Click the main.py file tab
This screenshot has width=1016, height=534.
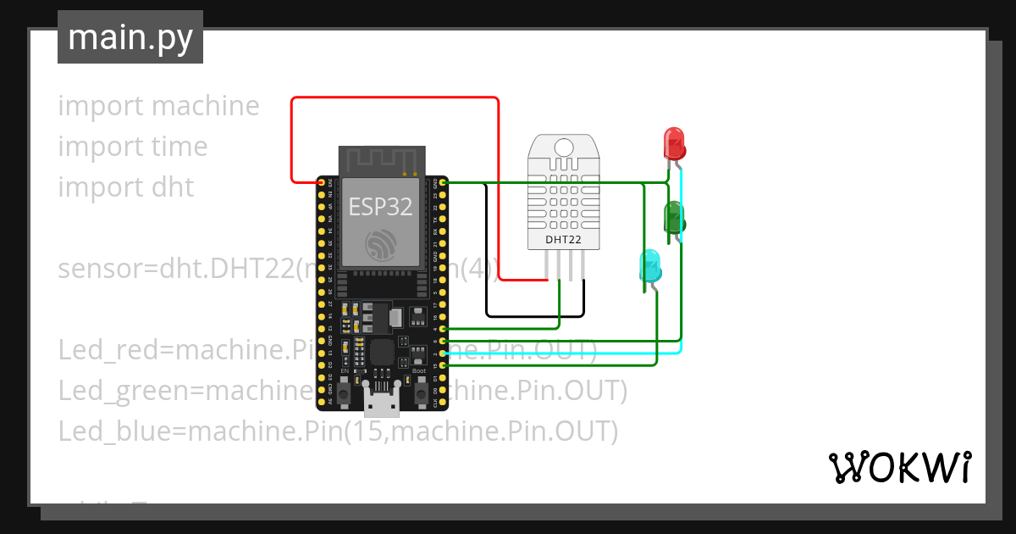pyautogui.click(x=130, y=38)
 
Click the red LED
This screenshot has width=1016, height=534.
pyautogui.click(x=674, y=142)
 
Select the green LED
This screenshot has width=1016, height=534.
pyautogui.click(x=674, y=217)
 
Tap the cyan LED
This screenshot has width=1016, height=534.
pyautogui.click(x=650, y=265)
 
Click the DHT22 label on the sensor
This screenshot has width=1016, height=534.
pyautogui.click(x=562, y=240)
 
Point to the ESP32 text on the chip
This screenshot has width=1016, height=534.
pyautogui.click(x=380, y=206)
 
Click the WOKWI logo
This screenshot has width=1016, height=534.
pyautogui.click(x=899, y=467)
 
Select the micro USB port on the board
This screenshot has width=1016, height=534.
pyautogui.click(x=382, y=402)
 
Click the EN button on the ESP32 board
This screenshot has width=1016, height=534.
pyautogui.click(x=345, y=392)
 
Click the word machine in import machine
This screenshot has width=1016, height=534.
pyautogui.click(x=206, y=106)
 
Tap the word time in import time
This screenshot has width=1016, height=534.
pyautogui.click(x=179, y=147)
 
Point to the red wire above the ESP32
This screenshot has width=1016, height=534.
pyautogui.click(x=395, y=97)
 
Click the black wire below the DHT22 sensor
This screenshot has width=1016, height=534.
pyautogui.click(x=533, y=317)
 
